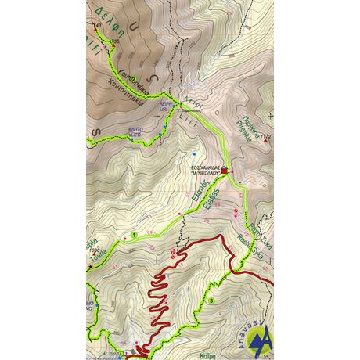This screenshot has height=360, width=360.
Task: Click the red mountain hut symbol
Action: pyautogui.click(x=226, y=169)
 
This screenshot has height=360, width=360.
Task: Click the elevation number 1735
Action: pyautogui.click(x=118, y=41)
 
